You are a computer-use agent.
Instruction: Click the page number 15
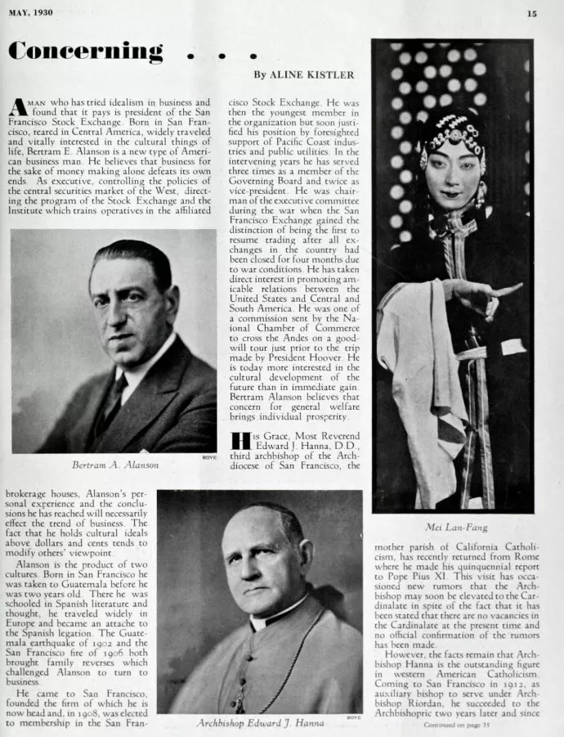pos(531,13)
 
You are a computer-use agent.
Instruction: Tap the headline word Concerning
pos(85,52)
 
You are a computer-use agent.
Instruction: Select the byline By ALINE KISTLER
pos(303,74)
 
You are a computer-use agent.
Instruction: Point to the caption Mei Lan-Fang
pos(452,527)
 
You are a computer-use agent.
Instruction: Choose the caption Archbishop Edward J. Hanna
pos(260,723)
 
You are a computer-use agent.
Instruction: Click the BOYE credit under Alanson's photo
pos(210,457)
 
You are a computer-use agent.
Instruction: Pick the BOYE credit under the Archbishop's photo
pos(354,717)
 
